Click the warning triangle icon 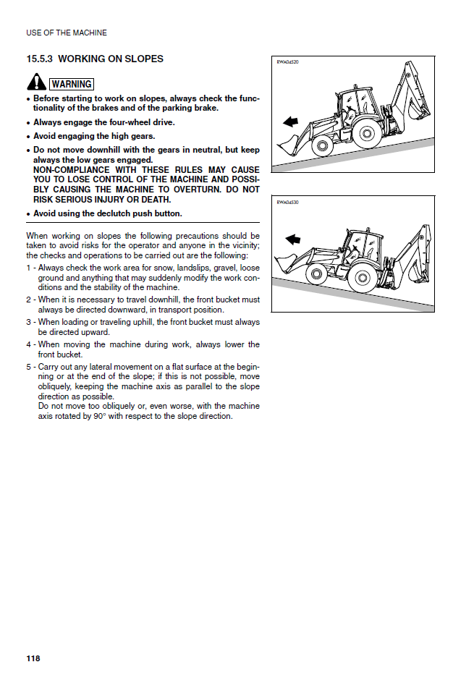point(36,82)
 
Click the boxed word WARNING point(71,85)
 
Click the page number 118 point(33,658)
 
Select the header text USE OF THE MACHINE point(67,33)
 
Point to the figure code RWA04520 point(287,62)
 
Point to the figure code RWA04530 point(287,203)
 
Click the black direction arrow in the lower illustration point(293,239)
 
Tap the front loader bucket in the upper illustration point(287,143)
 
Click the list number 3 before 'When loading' point(29,322)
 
